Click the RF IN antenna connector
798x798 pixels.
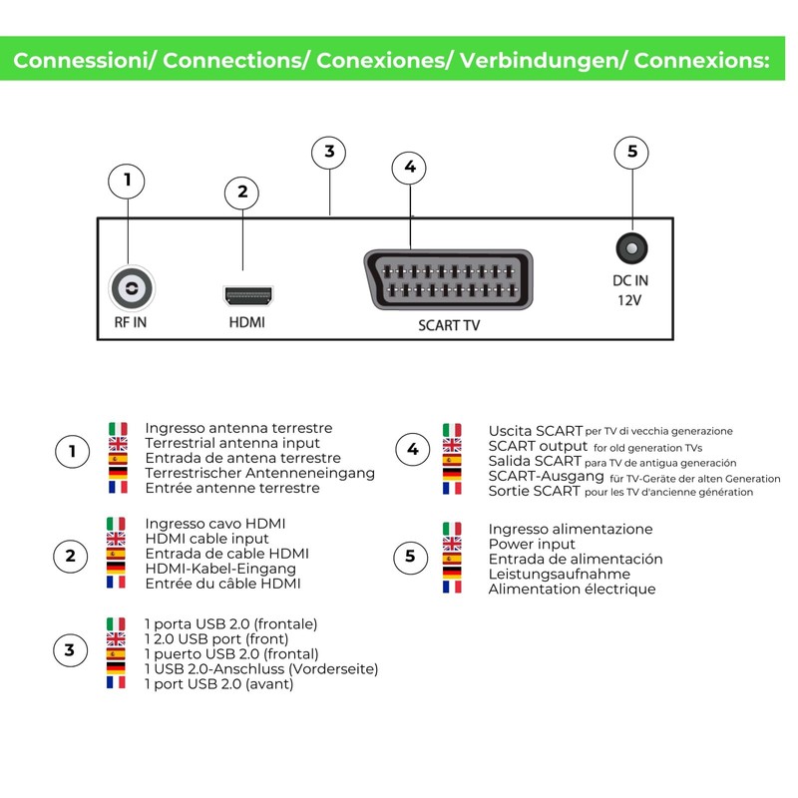(132, 288)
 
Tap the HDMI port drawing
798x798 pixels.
(248, 295)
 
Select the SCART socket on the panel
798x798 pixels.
(448, 280)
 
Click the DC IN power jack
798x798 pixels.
(631, 248)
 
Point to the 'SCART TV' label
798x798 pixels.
(449, 325)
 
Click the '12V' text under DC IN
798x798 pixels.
(629, 300)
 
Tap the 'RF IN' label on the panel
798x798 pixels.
(131, 322)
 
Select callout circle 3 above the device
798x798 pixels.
(329, 153)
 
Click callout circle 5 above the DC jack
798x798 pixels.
(631, 152)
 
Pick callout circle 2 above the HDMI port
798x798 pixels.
(242, 193)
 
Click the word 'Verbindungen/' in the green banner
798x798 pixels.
(543, 60)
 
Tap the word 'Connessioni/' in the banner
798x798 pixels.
(85, 60)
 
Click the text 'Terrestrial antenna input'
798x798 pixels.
(232, 443)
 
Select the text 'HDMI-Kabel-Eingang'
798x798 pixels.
(220, 569)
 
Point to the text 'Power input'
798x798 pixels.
(532, 544)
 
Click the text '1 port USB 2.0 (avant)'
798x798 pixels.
(218, 684)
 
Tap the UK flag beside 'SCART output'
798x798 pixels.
(452, 445)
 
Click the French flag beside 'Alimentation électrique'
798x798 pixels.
(452, 587)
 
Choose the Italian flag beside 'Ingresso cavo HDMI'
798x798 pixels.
(116, 524)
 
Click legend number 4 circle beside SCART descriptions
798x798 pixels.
(413, 449)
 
